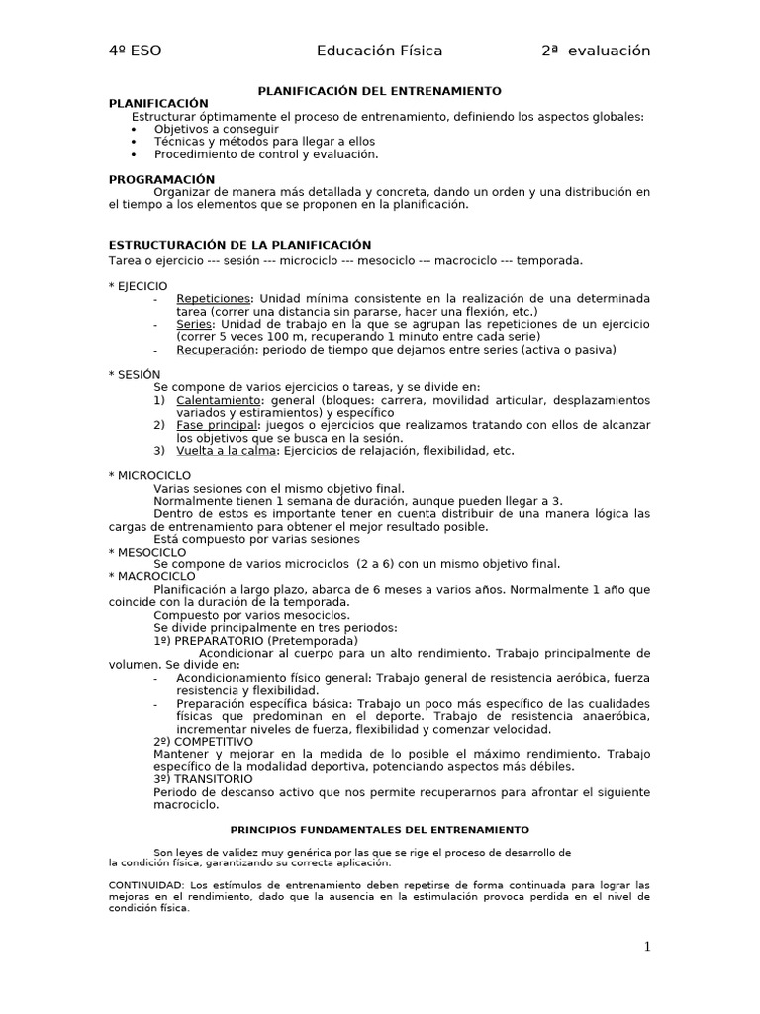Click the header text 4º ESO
(136, 51)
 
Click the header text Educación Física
(379, 51)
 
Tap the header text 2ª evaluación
(596, 51)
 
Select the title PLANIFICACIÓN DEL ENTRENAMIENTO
(380, 90)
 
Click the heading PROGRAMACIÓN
(161, 179)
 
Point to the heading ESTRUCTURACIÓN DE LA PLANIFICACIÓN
(239, 245)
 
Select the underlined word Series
(195, 324)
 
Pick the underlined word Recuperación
(216, 350)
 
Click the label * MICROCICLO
(149, 475)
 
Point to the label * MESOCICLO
(148, 552)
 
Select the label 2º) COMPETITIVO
(204, 741)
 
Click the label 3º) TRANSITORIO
(203, 779)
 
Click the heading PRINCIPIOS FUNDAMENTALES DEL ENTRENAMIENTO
(379, 829)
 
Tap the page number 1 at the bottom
(647, 947)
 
